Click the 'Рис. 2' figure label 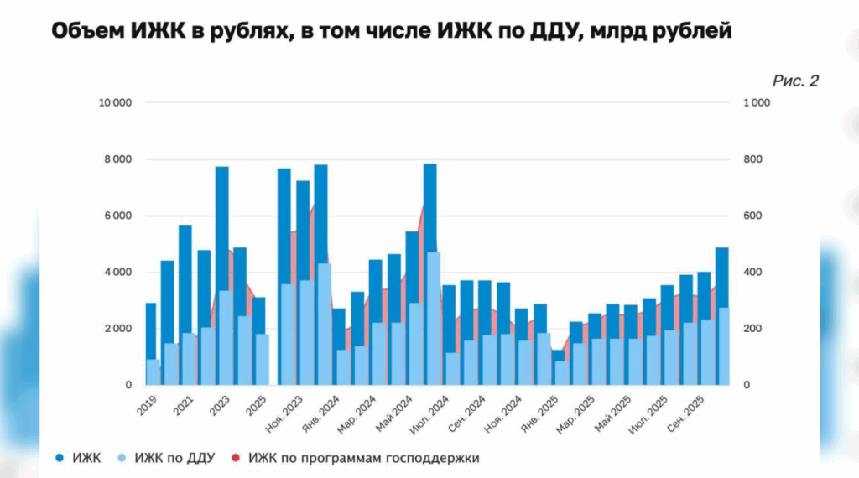click(794, 81)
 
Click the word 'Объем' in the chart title click(87, 32)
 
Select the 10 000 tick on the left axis click(116, 103)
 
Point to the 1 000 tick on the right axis click(756, 103)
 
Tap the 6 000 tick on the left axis click(117, 216)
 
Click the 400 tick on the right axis click(752, 273)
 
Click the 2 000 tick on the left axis click(117, 328)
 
